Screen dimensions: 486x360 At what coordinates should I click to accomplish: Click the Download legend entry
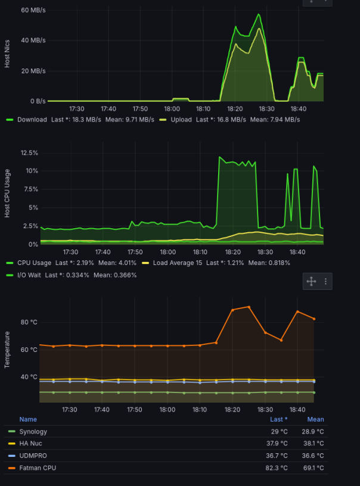32,119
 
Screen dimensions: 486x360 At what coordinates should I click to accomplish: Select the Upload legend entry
179,119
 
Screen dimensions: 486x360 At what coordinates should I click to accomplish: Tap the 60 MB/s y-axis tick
33,10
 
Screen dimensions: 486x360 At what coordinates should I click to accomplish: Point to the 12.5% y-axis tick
29,153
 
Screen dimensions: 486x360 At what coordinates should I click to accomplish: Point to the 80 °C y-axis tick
29,322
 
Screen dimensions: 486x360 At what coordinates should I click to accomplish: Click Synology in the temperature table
33,432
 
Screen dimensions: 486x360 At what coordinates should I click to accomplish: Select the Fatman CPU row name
38,468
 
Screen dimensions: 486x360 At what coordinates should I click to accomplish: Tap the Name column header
28,419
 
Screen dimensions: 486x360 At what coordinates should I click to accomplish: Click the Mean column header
316,419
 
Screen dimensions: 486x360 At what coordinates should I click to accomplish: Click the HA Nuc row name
30,444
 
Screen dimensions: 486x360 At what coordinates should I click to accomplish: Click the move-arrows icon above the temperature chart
310,281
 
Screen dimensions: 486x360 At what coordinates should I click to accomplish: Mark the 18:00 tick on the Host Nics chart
172,109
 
